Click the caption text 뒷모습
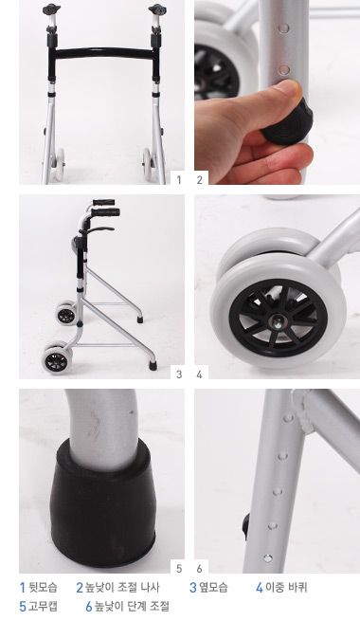pyautogui.click(x=44, y=587)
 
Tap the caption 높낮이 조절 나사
pyautogui.click(x=122, y=587)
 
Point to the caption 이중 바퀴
pyautogui.click(x=286, y=587)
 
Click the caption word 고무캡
pyautogui.click(x=43, y=606)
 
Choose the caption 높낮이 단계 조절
pyautogui.click(x=132, y=606)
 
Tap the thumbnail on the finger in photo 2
pyautogui.click(x=290, y=86)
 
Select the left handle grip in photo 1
pyautogui.click(x=51, y=9)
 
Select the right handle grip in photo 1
pyautogui.click(x=157, y=9)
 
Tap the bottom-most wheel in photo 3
pyautogui.click(x=57, y=358)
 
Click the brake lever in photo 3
pyautogui.click(x=100, y=229)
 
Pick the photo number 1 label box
pyautogui.click(x=178, y=179)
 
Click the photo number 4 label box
pyautogui.click(x=200, y=374)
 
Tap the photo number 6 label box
pyautogui.click(x=200, y=568)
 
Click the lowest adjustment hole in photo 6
pyautogui.click(x=268, y=558)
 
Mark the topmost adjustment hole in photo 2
pyautogui.click(x=283, y=28)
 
